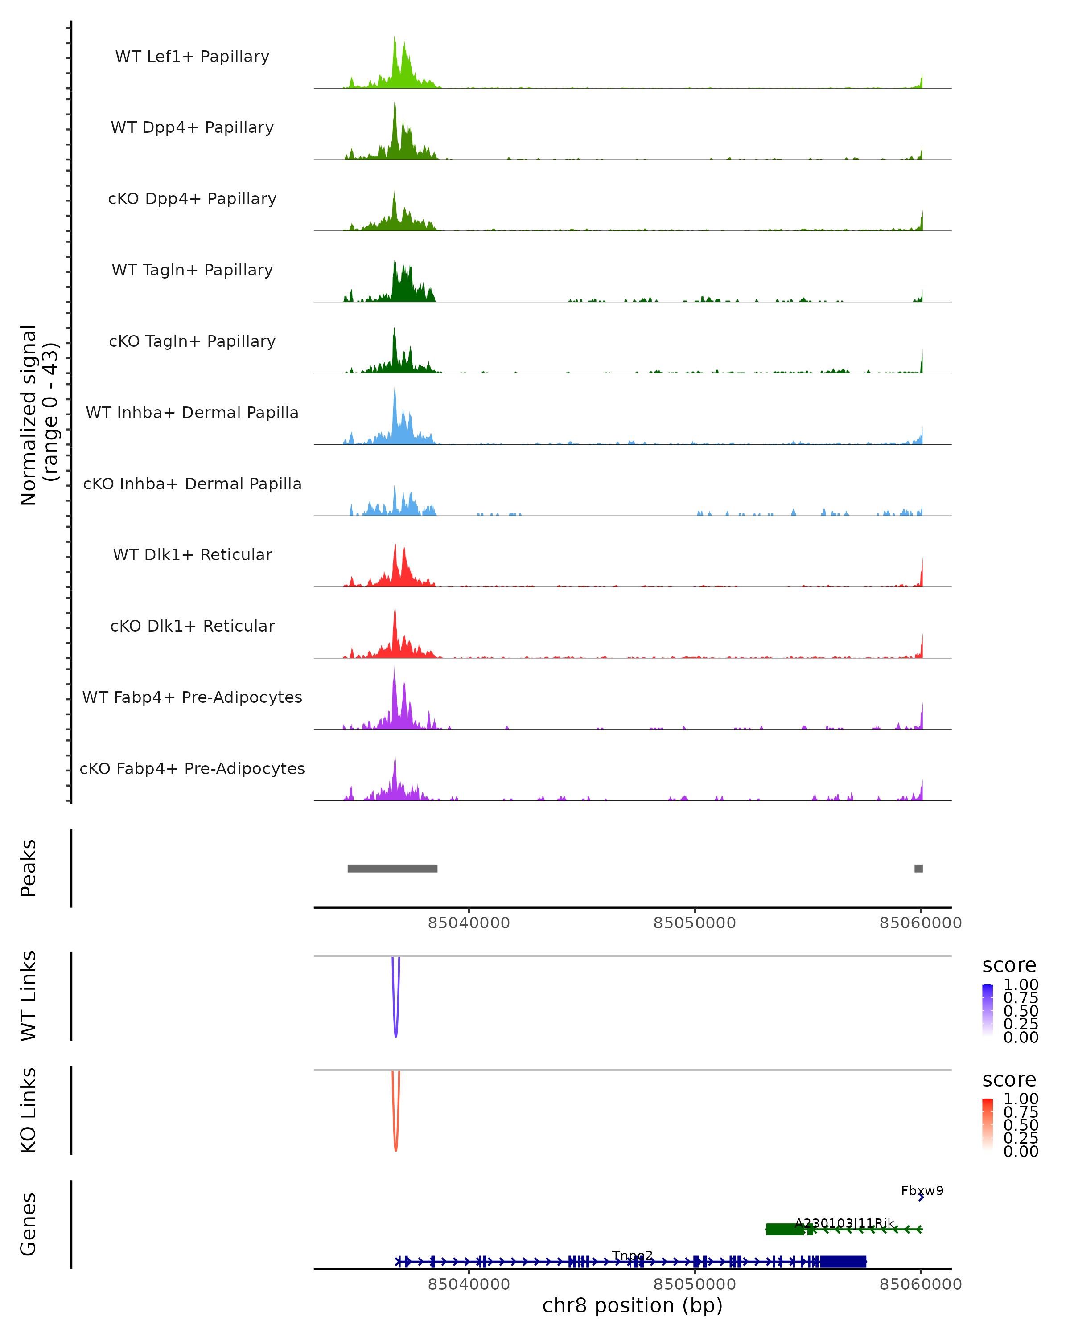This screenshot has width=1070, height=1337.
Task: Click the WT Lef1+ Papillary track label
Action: pyautogui.click(x=192, y=57)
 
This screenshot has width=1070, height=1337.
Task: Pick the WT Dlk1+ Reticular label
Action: pyautogui.click(x=192, y=554)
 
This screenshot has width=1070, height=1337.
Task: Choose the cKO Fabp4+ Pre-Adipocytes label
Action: pyautogui.click(x=192, y=768)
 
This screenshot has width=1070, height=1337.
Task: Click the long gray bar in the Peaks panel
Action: pyautogui.click(x=392, y=868)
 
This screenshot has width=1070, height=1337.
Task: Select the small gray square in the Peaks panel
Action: pyautogui.click(x=919, y=868)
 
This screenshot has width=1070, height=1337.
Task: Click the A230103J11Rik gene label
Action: pyautogui.click(x=844, y=1223)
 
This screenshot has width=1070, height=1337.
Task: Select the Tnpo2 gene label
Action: pyautogui.click(x=633, y=1256)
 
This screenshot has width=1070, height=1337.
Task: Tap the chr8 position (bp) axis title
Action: pyautogui.click(x=633, y=1305)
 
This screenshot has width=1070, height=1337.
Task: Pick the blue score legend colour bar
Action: pyautogui.click(x=988, y=1010)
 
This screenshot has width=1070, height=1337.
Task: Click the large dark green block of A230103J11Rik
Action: pyautogui.click(x=785, y=1229)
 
